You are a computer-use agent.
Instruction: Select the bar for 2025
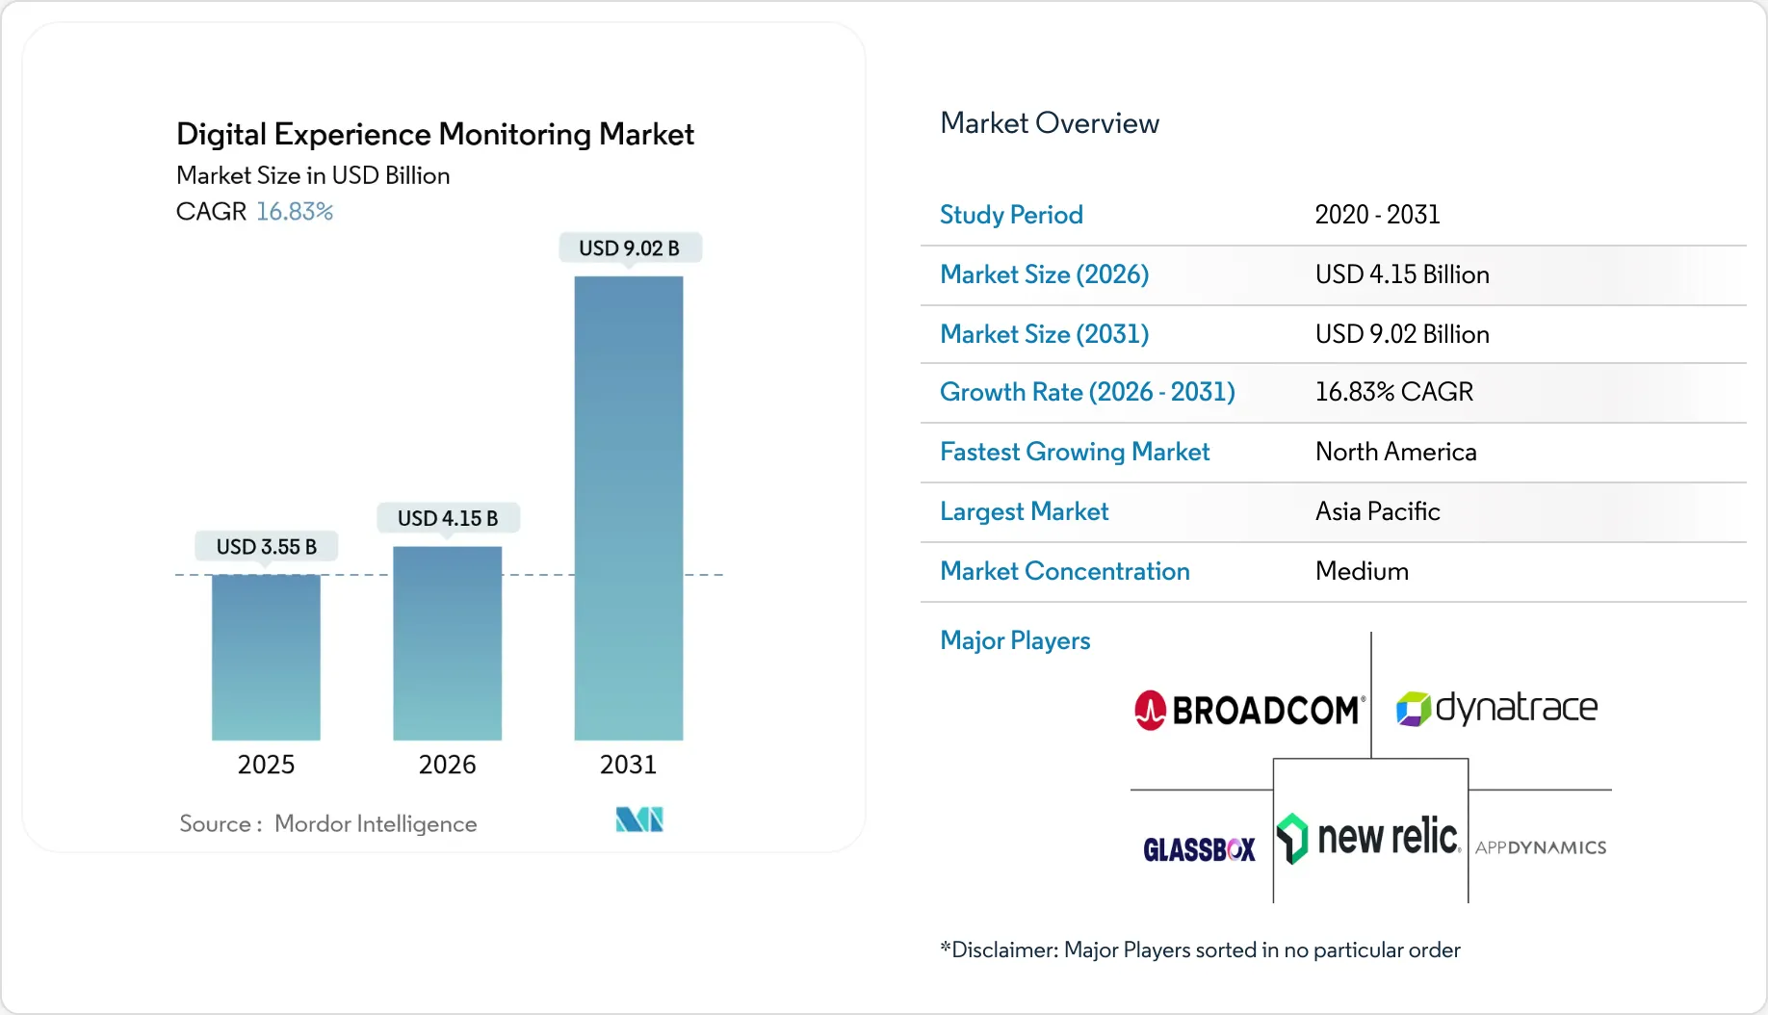266,657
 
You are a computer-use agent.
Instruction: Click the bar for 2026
447,642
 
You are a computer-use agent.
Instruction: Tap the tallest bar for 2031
628,507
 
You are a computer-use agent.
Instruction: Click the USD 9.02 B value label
629,248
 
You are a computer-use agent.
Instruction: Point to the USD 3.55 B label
267,547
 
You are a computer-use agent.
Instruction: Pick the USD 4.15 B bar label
448,518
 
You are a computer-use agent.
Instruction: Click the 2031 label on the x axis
628,765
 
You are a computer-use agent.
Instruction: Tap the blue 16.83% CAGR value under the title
295,212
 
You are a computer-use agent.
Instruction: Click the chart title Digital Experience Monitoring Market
434,135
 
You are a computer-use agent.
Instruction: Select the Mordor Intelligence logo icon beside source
639,820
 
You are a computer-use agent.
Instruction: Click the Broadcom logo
1249,711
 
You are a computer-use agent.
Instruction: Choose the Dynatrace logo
1496,709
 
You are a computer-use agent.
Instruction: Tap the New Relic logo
1369,837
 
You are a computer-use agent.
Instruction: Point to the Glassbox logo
1199,849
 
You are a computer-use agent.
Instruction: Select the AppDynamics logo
1540,848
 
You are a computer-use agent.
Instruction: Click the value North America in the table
1395,452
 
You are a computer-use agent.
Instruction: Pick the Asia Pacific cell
1377,511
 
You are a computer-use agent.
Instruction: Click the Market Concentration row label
1064,571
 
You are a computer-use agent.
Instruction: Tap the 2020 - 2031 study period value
1377,215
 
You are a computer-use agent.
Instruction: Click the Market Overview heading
1049,123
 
